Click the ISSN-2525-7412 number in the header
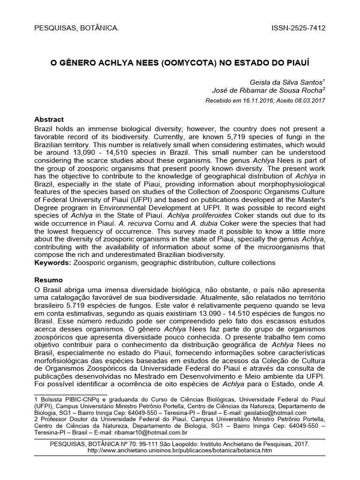coord(298,28)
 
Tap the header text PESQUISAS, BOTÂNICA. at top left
coord(77,28)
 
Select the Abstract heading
coord(49,120)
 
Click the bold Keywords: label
coord(53,262)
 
